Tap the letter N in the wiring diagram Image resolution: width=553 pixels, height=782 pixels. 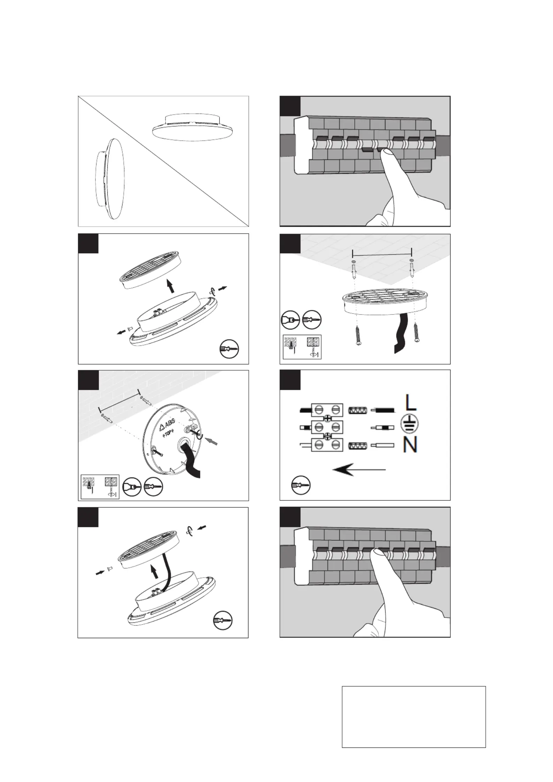coord(410,445)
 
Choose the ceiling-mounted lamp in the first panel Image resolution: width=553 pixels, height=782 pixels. coord(192,127)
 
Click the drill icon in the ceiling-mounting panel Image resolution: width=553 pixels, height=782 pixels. coord(290,319)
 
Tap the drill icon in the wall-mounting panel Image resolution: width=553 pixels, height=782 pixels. coord(132,486)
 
